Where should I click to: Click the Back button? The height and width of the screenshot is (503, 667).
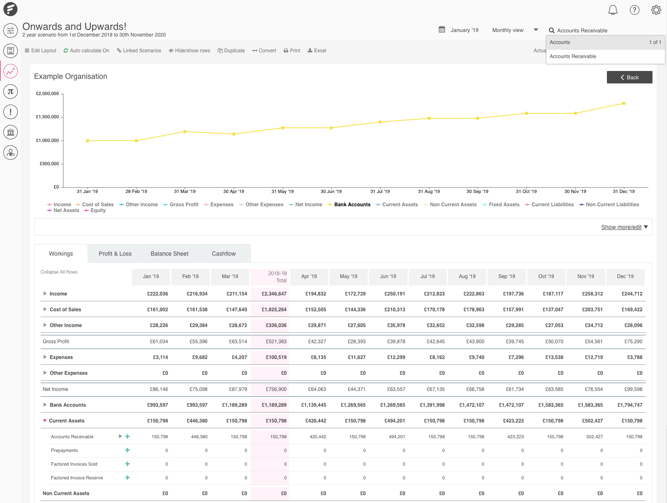[x=629, y=77]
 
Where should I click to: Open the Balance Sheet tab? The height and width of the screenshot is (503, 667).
[x=169, y=254]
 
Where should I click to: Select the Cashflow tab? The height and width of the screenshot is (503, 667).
[x=223, y=254]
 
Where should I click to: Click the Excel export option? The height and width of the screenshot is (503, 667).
[x=317, y=51]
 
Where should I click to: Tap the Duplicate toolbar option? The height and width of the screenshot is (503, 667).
[x=231, y=51]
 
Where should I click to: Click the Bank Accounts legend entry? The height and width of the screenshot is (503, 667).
[x=352, y=205]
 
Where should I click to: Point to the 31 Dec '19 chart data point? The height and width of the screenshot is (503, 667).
[x=623, y=103]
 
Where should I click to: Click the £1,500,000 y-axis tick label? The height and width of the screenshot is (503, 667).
[x=47, y=117]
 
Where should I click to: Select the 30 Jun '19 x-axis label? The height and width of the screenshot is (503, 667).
[x=331, y=191]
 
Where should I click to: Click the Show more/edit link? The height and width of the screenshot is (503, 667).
[x=621, y=227]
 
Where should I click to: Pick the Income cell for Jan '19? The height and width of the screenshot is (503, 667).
[x=158, y=294]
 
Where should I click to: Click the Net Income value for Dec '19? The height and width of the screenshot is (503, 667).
[x=633, y=389]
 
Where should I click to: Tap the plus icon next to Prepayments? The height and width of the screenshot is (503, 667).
[x=127, y=450]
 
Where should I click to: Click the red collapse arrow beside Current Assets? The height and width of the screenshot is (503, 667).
[x=45, y=421]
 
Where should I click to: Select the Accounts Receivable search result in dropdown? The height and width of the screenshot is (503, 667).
[x=572, y=56]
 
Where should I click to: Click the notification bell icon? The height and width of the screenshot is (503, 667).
[x=613, y=10]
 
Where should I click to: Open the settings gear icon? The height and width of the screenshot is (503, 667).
[x=656, y=10]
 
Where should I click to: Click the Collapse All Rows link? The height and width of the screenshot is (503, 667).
[x=59, y=272]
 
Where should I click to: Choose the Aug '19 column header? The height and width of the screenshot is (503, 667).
[x=467, y=276]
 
